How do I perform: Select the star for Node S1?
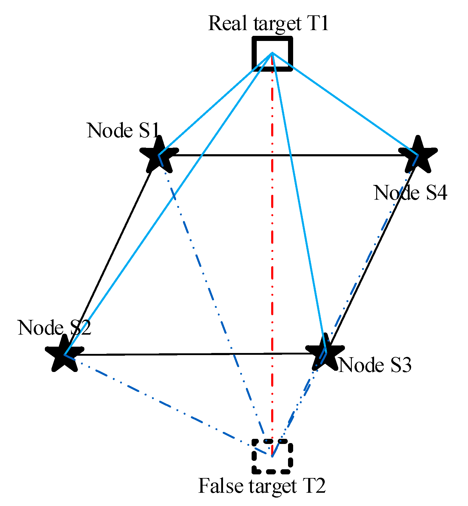159,155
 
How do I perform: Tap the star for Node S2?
64,355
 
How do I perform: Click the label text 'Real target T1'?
268,23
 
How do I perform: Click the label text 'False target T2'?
262,486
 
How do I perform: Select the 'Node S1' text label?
123,130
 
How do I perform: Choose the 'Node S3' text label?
375,365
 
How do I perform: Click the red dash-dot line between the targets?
272,241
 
